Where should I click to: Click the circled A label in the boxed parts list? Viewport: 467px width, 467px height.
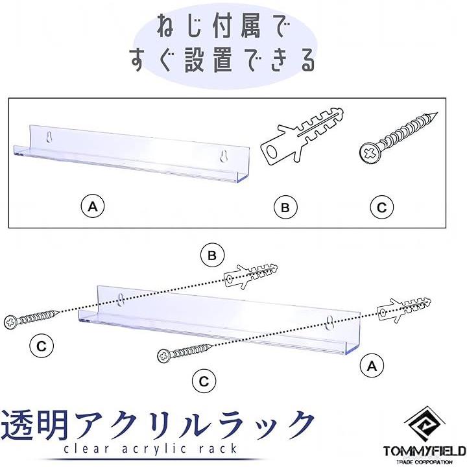pos(93,207)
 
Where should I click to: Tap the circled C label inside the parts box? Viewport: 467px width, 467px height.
pos(381,208)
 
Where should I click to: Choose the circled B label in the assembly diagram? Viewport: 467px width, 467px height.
pos(211,256)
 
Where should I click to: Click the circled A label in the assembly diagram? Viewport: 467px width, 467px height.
pos(372,366)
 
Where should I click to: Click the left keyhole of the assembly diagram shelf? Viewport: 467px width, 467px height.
pos(121,299)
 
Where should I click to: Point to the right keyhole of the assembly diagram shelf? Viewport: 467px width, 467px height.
pos(331,321)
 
